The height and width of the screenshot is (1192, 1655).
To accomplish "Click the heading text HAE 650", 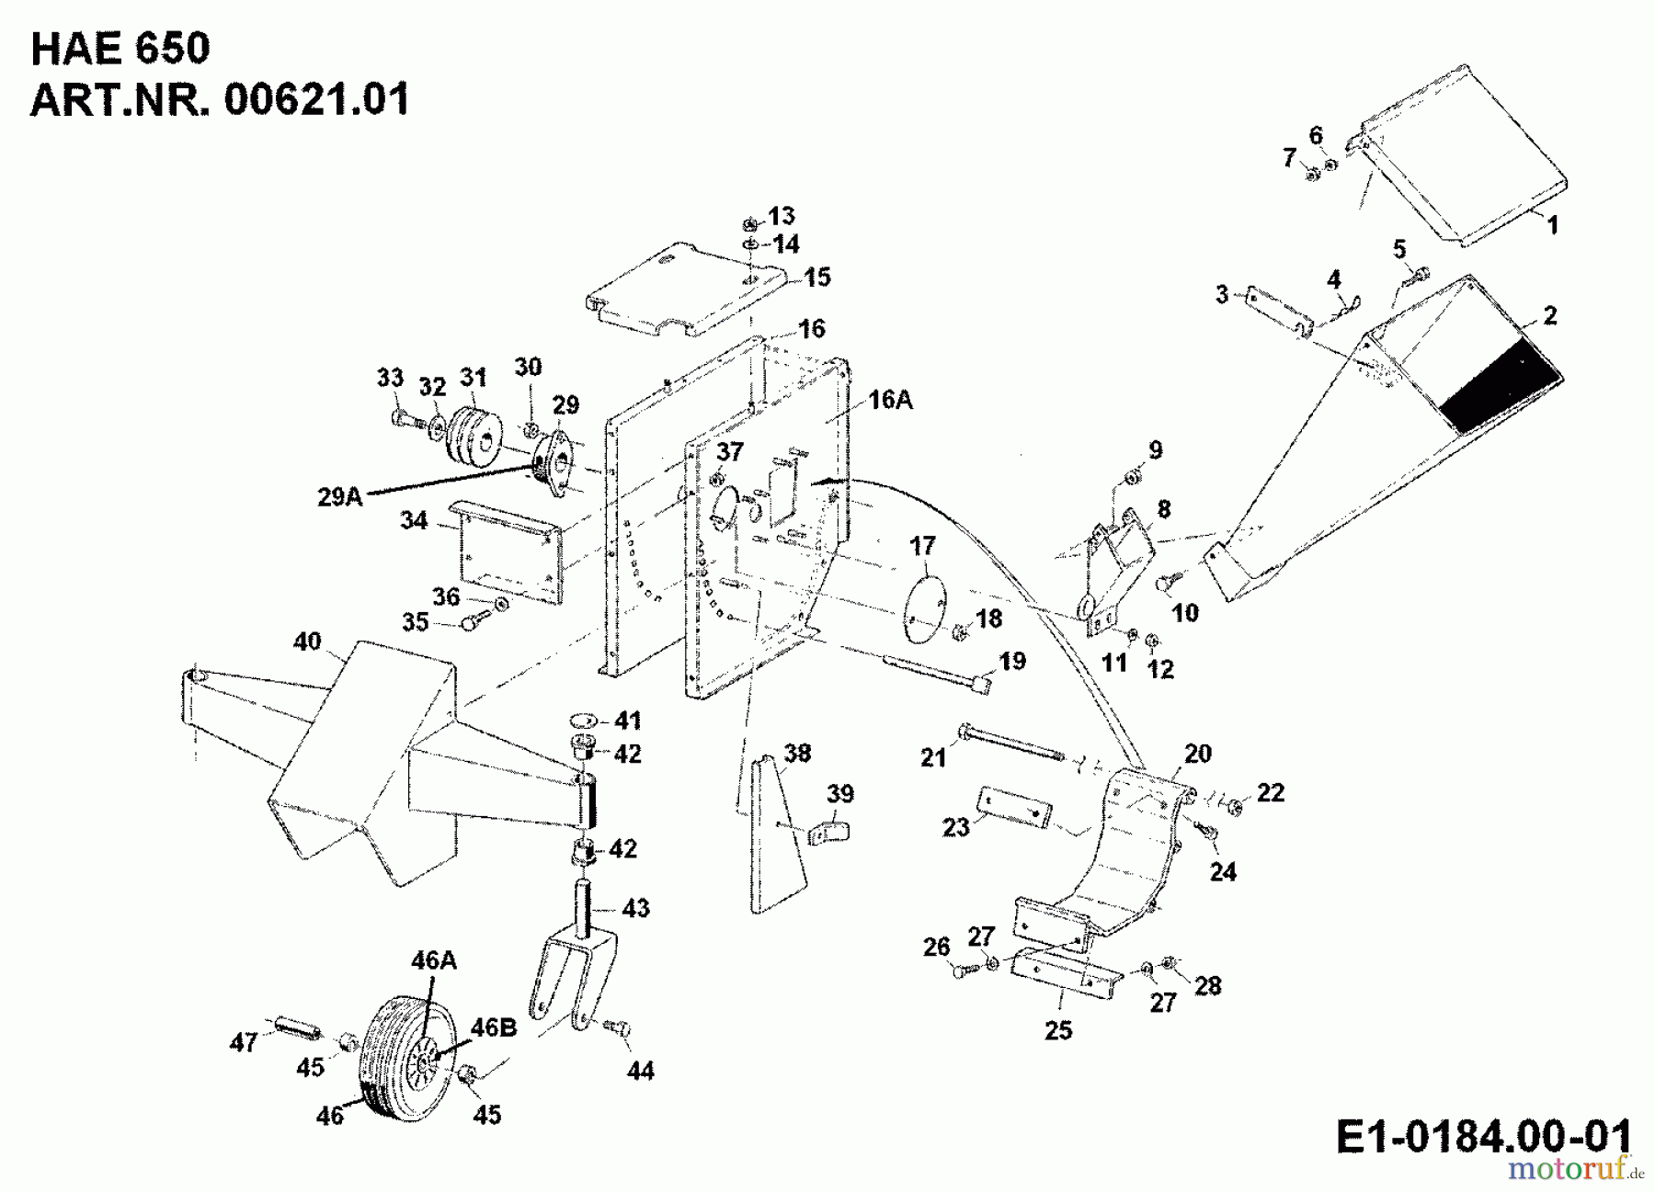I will (x=120, y=48).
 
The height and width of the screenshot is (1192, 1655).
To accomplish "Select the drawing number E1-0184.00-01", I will (x=1482, y=1136).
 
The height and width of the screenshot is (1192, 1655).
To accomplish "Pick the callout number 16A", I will (x=889, y=400).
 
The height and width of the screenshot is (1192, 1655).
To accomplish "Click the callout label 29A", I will (x=340, y=497).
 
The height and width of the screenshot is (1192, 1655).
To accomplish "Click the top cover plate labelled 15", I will (x=685, y=289).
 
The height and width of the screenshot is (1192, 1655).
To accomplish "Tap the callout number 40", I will (x=307, y=641).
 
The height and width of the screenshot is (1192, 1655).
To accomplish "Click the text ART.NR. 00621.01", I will (x=220, y=99).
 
